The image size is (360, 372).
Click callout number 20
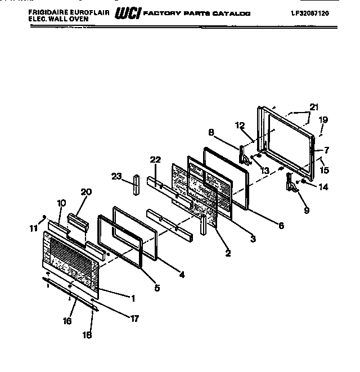point(85,192)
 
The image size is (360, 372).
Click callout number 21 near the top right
point(313,107)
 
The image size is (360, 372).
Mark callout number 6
point(280,226)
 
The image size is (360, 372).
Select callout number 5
point(156,288)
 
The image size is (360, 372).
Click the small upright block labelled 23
point(136,184)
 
